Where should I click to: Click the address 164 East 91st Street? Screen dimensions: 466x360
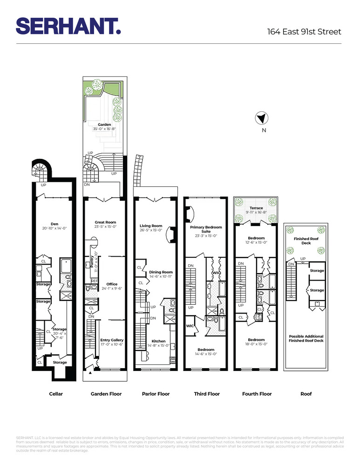304,32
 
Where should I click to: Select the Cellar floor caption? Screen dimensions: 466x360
56,394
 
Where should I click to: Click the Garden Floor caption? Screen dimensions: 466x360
106,394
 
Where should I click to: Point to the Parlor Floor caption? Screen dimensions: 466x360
156,394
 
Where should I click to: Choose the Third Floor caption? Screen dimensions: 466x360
207,394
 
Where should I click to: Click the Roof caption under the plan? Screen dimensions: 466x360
306,394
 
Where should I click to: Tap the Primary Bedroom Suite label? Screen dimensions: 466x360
206,229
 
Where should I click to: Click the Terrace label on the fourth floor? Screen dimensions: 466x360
256,208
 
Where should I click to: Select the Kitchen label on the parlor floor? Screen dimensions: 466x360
156,341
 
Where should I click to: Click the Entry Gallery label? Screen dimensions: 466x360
112,340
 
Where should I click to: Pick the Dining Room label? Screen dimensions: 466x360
161,272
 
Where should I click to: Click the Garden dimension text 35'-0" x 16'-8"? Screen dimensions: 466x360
104,129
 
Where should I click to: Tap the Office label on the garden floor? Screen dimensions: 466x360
112,284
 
